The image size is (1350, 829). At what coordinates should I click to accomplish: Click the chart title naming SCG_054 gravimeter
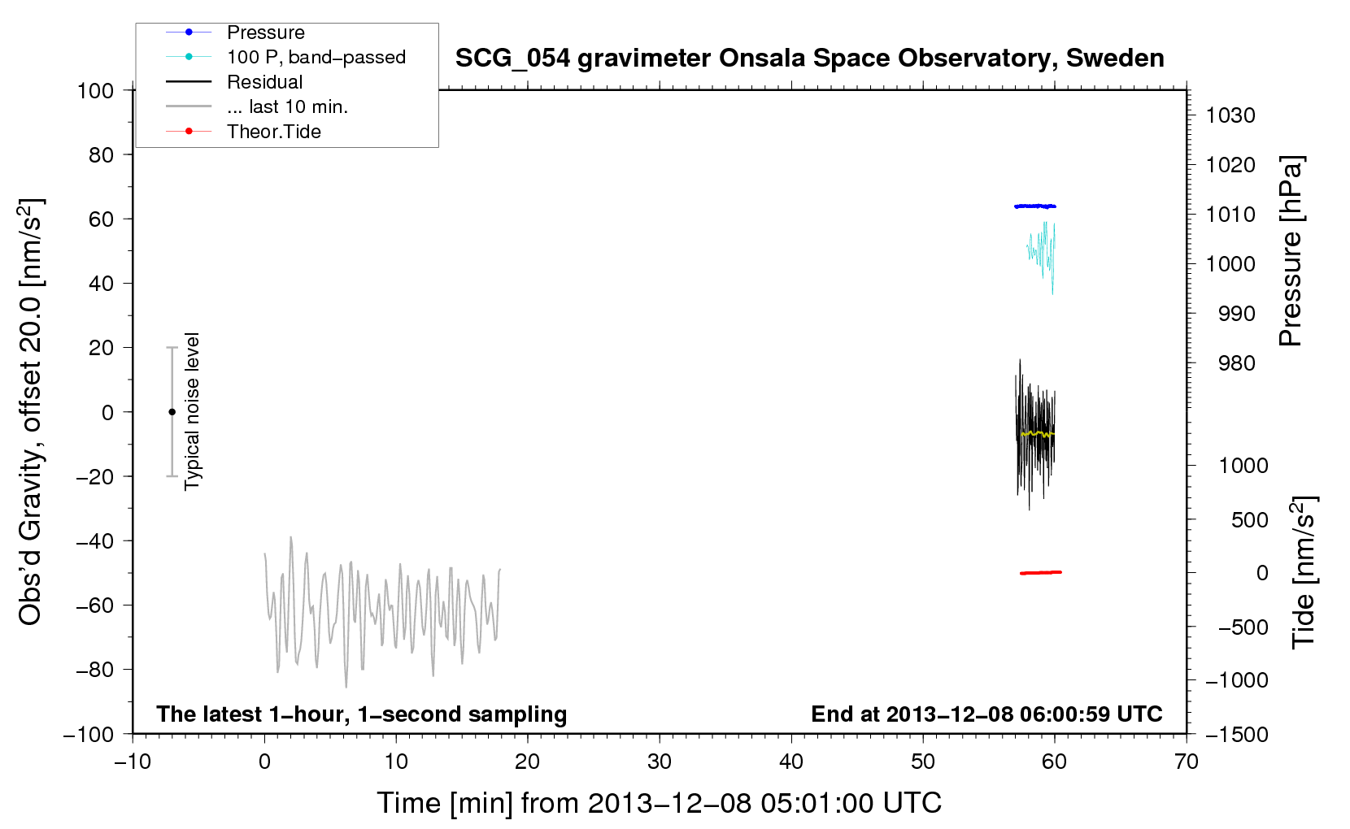pyautogui.click(x=809, y=59)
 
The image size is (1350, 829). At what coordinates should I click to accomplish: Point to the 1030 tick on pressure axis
pyautogui.click(x=1230, y=115)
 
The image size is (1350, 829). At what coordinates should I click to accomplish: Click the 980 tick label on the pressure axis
pyautogui.click(x=1236, y=363)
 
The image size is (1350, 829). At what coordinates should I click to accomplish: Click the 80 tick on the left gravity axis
pyautogui.click(x=101, y=155)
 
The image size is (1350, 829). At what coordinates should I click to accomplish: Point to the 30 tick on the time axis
pyautogui.click(x=660, y=762)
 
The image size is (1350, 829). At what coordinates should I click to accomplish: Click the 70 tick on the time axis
pyautogui.click(x=1186, y=762)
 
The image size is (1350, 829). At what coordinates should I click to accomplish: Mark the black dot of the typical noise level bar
pyautogui.click(x=172, y=412)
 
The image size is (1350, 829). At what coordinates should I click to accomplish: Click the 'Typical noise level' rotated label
pyautogui.click(x=191, y=411)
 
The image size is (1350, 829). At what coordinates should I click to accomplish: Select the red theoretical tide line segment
pyautogui.click(x=1041, y=572)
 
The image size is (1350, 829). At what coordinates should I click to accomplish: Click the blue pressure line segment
pyautogui.click(x=1035, y=206)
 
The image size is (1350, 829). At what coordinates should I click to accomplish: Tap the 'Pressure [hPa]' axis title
pyautogui.click(x=1291, y=251)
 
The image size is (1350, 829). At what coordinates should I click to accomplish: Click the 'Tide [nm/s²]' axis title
pyautogui.click(x=1304, y=572)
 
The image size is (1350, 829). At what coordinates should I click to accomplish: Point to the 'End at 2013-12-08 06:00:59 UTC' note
pyautogui.click(x=986, y=714)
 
